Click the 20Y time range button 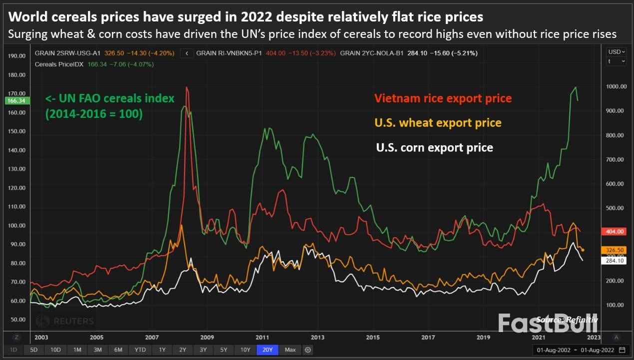tap(267, 350)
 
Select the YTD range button tap(140, 350)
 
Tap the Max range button tap(290, 350)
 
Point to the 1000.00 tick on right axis tap(616, 86)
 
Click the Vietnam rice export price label tap(443, 98)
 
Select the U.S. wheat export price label tap(438, 123)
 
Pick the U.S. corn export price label tap(434, 148)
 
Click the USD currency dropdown tap(616, 52)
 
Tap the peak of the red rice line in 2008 tap(187, 87)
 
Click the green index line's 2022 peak tap(576, 87)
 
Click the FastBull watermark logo tap(548, 323)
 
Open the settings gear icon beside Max tap(308, 350)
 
